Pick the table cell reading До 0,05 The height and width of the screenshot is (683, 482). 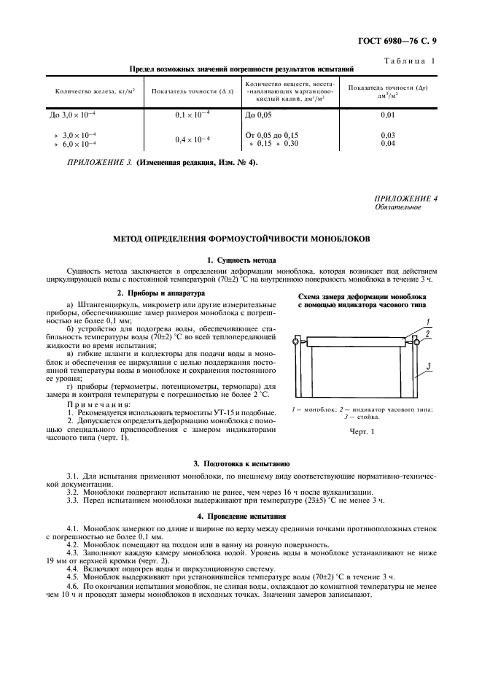259,115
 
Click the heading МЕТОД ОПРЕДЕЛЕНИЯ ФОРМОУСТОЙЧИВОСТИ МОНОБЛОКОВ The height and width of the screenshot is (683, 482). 241,239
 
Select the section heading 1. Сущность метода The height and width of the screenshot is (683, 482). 241,260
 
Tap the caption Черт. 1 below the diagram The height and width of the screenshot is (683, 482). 362,432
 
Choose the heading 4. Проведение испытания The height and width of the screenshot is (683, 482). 241,517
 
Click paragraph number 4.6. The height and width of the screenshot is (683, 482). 72,586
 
